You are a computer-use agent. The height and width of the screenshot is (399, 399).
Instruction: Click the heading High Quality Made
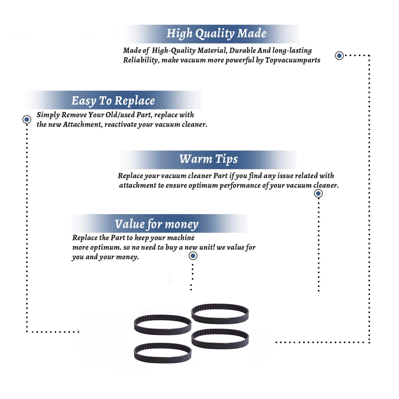(x=216, y=34)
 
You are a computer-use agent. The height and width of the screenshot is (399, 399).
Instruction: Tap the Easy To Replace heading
(x=113, y=101)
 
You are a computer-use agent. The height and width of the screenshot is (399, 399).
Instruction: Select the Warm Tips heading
(x=208, y=159)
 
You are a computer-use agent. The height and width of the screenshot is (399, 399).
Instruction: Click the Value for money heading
(x=157, y=224)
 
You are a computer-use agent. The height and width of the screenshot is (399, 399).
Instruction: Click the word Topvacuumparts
(x=293, y=60)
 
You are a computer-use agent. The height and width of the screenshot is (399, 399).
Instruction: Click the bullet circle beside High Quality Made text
(x=339, y=56)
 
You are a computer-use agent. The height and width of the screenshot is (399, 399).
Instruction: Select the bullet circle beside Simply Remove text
(x=27, y=119)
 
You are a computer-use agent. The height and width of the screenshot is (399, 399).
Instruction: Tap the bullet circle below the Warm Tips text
(x=318, y=194)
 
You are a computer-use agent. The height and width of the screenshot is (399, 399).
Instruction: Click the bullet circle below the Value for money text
(x=193, y=256)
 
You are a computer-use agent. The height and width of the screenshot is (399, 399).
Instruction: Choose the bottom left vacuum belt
(x=163, y=359)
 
